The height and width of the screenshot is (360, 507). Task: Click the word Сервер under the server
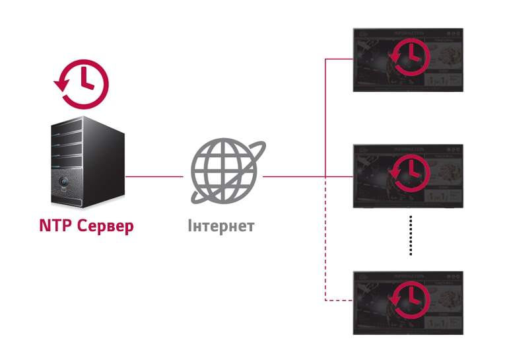pyautogui.click(x=105, y=226)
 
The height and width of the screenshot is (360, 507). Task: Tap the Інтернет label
pyautogui.click(x=220, y=226)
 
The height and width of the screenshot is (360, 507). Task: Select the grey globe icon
pyautogui.click(x=223, y=169)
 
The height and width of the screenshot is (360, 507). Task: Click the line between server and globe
pyautogui.click(x=154, y=176)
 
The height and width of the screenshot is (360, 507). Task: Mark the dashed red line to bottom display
pyautogui.click(x=326, y=264)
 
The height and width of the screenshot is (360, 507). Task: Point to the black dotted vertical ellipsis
pyautogui.click(x=411, y=235)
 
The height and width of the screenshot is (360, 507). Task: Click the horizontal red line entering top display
pyautogui.click(x=339, y=59)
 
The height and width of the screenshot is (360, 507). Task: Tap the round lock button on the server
pyautogui.click(x=64, y=180)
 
